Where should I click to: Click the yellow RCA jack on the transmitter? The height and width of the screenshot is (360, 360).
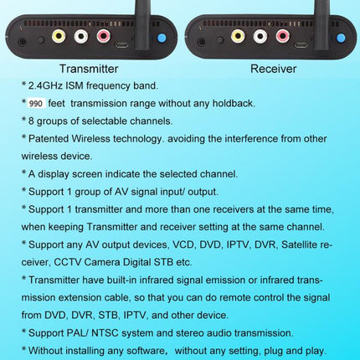pos(59,36)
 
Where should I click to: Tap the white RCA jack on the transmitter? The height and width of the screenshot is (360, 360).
pos(81,36)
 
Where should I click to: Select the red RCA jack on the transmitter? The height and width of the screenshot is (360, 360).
pos(103,36)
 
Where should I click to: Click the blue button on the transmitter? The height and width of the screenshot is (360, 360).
pos(162,38)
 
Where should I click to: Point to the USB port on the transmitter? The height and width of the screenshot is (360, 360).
pos(122,45)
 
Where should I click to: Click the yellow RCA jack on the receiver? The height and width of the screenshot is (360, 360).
pos(238,36)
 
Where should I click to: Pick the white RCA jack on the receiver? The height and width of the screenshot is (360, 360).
pos(260,36)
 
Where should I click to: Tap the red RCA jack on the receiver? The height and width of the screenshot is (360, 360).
pos(283,36)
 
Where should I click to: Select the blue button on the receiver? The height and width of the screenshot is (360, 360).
pos(341,38)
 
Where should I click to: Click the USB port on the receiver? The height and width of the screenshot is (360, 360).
pos(301,45)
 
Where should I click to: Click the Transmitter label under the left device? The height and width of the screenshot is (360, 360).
pos(89,69)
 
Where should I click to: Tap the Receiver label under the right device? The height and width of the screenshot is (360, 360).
pos(273,69)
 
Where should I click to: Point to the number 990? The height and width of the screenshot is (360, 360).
pos(36,104)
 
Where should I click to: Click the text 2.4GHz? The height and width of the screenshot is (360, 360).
pos(45,85)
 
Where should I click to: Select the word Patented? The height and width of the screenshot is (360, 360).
pos(49,139)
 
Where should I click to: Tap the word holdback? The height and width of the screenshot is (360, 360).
pos(234,103)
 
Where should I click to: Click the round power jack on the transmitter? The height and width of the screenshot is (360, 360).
pos(23,42)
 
